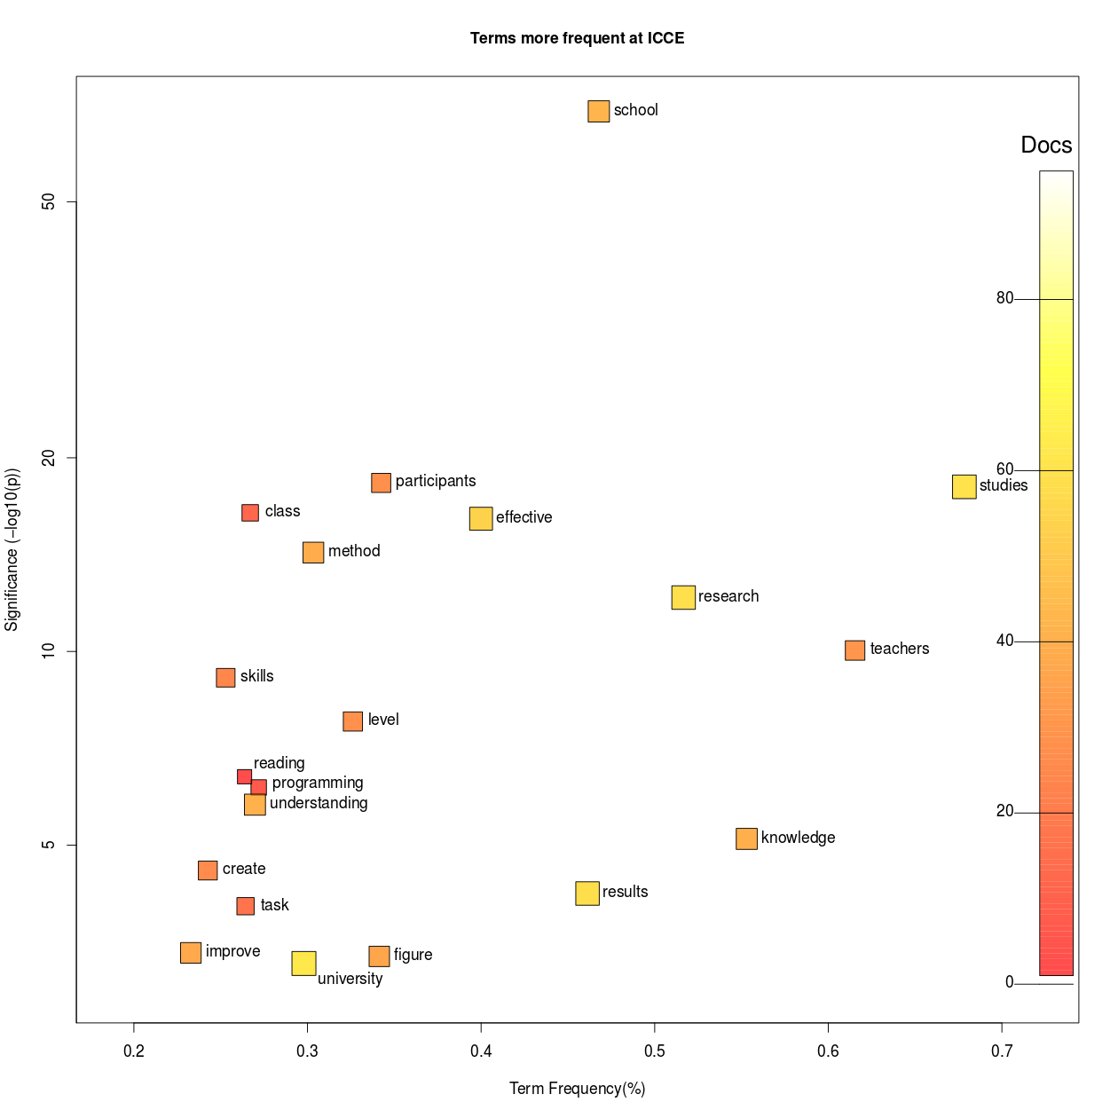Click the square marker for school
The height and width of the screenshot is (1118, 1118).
point(599,111)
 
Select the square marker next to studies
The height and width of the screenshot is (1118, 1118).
point(964,486)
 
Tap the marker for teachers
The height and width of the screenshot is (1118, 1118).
point(854,650)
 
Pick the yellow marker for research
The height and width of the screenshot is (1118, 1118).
point(683,597)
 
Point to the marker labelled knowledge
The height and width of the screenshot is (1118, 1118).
point(746,838)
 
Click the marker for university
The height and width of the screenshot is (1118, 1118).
point(303,963)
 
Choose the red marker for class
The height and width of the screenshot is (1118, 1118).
point(250,513)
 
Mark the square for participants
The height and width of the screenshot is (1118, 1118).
point(381,483)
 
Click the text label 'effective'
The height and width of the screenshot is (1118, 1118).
point(524,517)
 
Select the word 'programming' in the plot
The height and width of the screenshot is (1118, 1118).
point(318,783)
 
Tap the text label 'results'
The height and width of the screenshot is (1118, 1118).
point(625,892)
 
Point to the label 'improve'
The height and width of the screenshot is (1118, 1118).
point(232,951)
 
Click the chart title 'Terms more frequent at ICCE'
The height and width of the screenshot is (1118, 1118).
point(577,38)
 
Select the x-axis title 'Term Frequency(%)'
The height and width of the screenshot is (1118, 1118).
point(577,1089)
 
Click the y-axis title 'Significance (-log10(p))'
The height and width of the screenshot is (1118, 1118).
point(12,549)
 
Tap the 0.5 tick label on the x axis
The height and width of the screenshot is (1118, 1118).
point(654,1051)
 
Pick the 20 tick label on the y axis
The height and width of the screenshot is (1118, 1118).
point(48,458)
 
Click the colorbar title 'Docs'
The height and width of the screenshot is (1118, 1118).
point(1046,145)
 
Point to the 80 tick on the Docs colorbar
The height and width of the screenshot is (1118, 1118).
point(1004,298)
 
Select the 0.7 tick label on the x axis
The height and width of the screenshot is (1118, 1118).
point(1001,1051)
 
